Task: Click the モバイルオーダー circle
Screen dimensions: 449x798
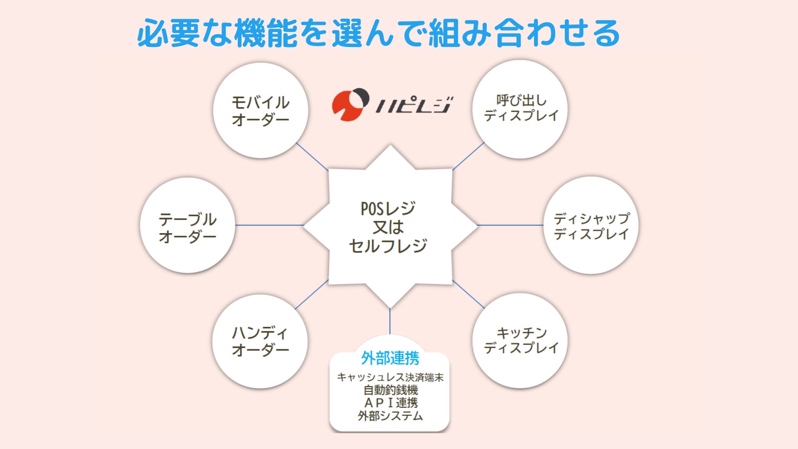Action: (261, 111)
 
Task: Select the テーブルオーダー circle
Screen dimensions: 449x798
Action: (188, 226)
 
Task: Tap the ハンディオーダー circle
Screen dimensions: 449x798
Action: (260, 342)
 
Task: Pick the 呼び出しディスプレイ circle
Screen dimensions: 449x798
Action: (520, 109)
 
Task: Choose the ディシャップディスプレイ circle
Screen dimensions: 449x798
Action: (591, 226)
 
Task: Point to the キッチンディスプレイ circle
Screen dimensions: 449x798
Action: (520, 341)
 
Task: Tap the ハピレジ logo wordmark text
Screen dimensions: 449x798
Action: (414, 105)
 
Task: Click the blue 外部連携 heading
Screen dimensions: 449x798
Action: (390, 358)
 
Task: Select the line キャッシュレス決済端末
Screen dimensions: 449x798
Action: (390, 377)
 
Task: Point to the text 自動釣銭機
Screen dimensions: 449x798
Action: (390, 390)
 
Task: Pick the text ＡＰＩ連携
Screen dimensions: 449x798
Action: (390, 402)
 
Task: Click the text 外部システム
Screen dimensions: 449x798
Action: (390, 415)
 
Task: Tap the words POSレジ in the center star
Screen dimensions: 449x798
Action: (388, 208)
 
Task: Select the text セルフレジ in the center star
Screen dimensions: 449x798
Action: (388, 246)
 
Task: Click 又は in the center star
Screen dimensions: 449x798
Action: (388, 227)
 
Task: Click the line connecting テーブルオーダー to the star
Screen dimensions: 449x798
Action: (269, 225)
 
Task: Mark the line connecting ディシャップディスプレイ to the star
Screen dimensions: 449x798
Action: (510, 225)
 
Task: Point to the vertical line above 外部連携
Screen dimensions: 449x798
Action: (390, 321)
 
